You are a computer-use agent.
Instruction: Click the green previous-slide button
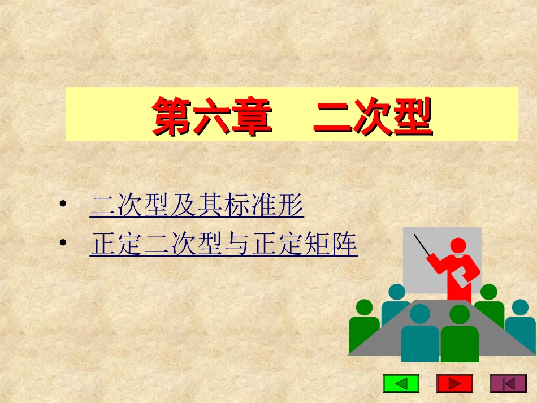pyautogui.click(x=401, y=384)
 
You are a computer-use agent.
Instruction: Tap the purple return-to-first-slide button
pyautogui.click(x=508, y=384)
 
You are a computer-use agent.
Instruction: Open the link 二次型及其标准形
pyautogui.click(x=197, y=207)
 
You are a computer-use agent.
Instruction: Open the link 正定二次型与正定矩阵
pyautogui.click(x=223, y=245)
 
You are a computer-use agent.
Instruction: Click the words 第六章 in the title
pyautogui.click(x=211, y=116)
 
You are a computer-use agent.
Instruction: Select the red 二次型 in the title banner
pyautogui.click(x=373, y=116)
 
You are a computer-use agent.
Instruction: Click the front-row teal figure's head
pyautogui.click(x=419, y=313)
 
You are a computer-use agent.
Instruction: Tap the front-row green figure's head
pyautogui.click(x=459, y=314)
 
